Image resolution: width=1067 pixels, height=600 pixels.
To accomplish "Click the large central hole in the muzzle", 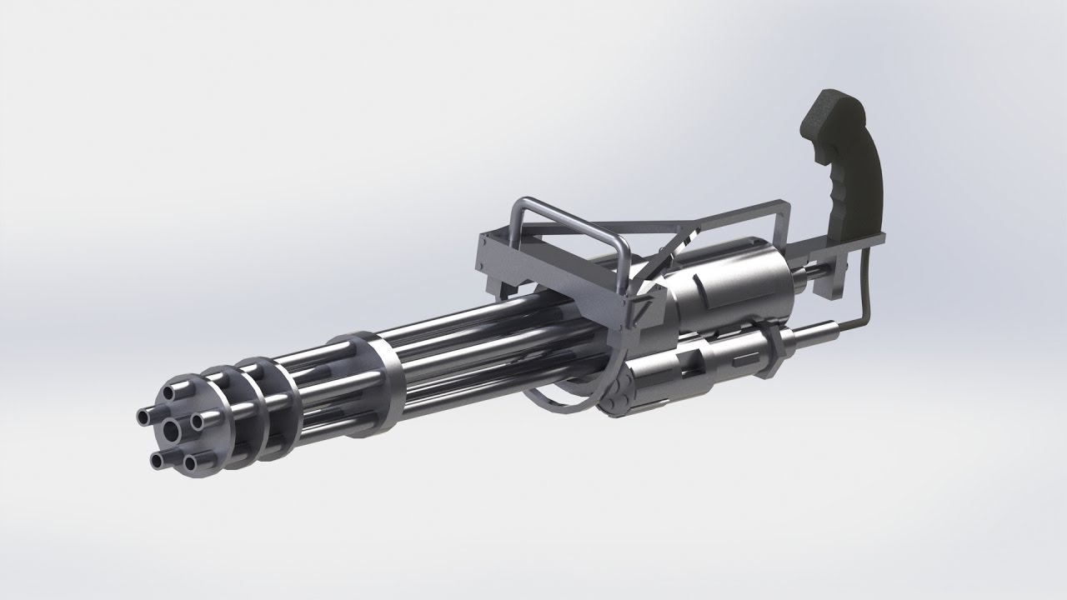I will (x=172, y=428).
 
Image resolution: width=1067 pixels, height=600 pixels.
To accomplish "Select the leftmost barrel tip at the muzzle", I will (x=143, y=413).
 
